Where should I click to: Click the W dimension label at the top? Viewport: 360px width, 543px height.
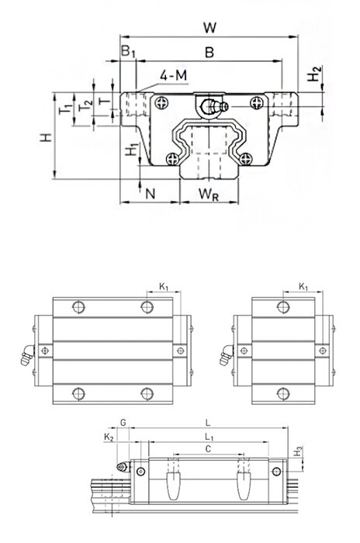point(210,27)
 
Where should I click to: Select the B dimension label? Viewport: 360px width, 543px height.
point(209,53)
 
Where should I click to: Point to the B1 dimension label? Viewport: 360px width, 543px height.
point(128,51)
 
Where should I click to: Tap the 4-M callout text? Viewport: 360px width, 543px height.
point(173,75)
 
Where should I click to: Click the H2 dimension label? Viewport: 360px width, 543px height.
point(315,74)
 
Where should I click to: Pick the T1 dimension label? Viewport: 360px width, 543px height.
point(65,109)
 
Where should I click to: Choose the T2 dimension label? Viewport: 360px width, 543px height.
point(85,105)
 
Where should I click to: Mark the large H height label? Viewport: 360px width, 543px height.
point(46,137)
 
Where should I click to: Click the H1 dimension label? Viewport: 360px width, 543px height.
point(132,150)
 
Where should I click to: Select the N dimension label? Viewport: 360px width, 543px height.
point(150,194)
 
